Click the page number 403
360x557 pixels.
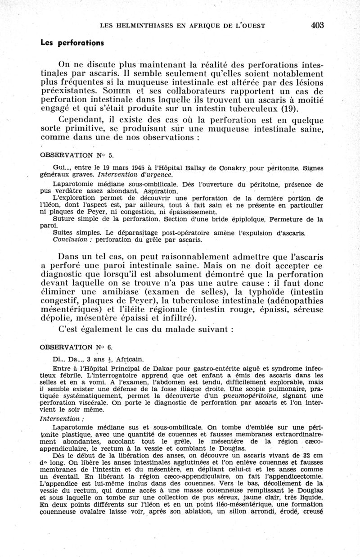click(x=317, y=26)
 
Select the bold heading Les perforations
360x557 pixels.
click(x=72, y=43)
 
